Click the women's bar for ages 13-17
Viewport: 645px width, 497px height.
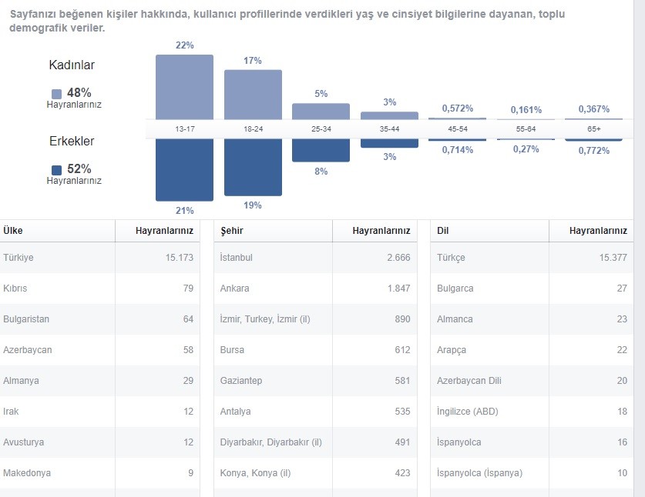[184, 87]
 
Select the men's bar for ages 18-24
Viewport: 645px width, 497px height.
[253, 167]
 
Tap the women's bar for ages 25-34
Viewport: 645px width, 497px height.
[321, 112]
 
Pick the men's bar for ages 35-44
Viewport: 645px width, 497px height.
[390, 143]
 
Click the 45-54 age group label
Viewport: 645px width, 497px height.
[458, 129]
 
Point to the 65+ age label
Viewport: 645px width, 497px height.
[594, 129]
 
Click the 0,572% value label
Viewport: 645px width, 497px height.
[458, 108]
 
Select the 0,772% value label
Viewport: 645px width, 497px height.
[594, 151]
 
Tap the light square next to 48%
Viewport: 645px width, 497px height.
[57, 94]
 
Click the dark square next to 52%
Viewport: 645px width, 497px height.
[57, 169]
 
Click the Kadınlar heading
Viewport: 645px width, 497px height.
[72, 65]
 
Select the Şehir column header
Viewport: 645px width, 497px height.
[232, 231]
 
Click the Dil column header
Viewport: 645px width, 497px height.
[442, 231]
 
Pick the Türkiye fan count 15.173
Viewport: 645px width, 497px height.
[180, 258]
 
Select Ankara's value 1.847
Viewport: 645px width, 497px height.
[398, 289]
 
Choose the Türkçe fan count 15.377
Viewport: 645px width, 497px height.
[613, 258]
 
